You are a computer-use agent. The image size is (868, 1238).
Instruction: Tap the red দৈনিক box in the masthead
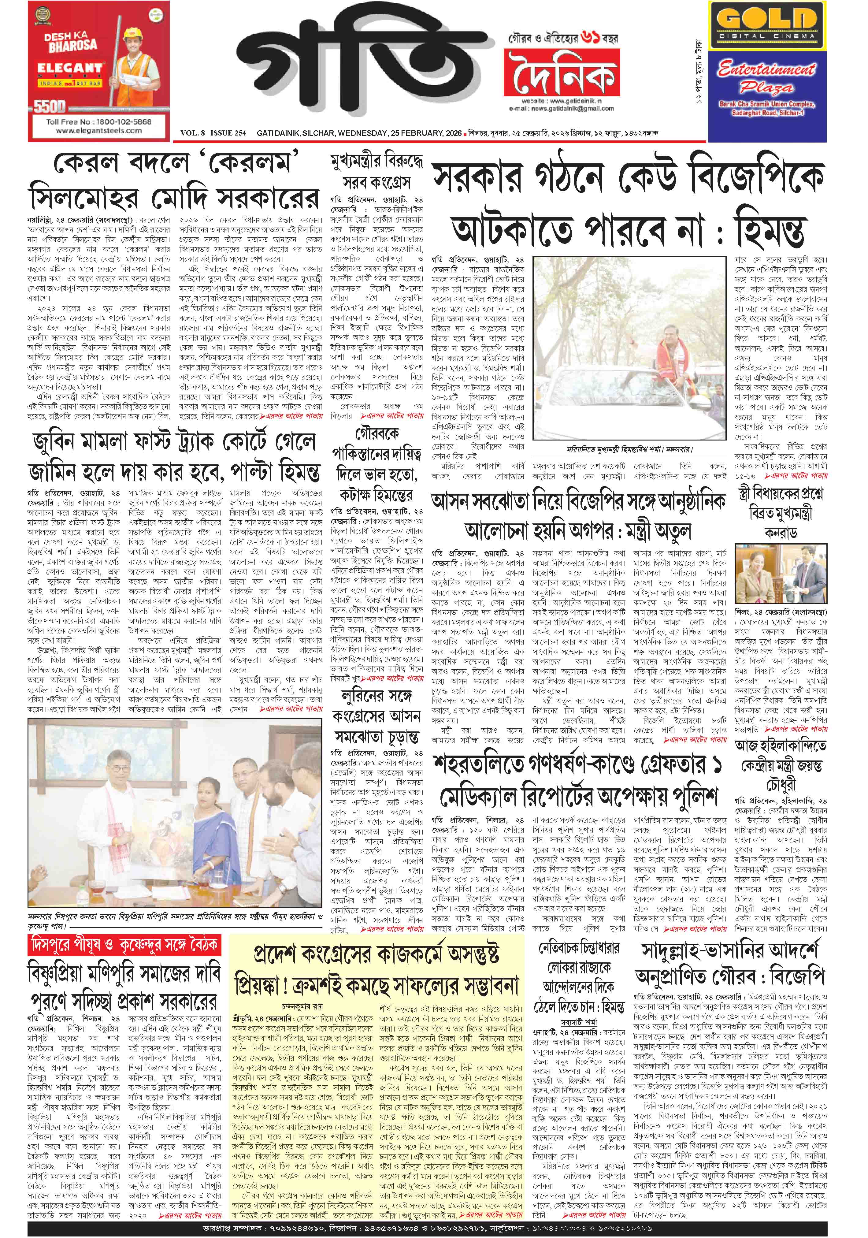[561, 74]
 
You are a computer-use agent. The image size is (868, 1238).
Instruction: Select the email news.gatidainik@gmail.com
[561, 108]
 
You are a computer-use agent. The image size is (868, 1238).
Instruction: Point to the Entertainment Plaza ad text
[767, 78]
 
